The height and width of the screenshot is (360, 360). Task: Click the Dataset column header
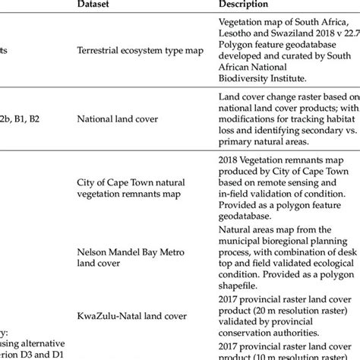coord(97,5)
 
